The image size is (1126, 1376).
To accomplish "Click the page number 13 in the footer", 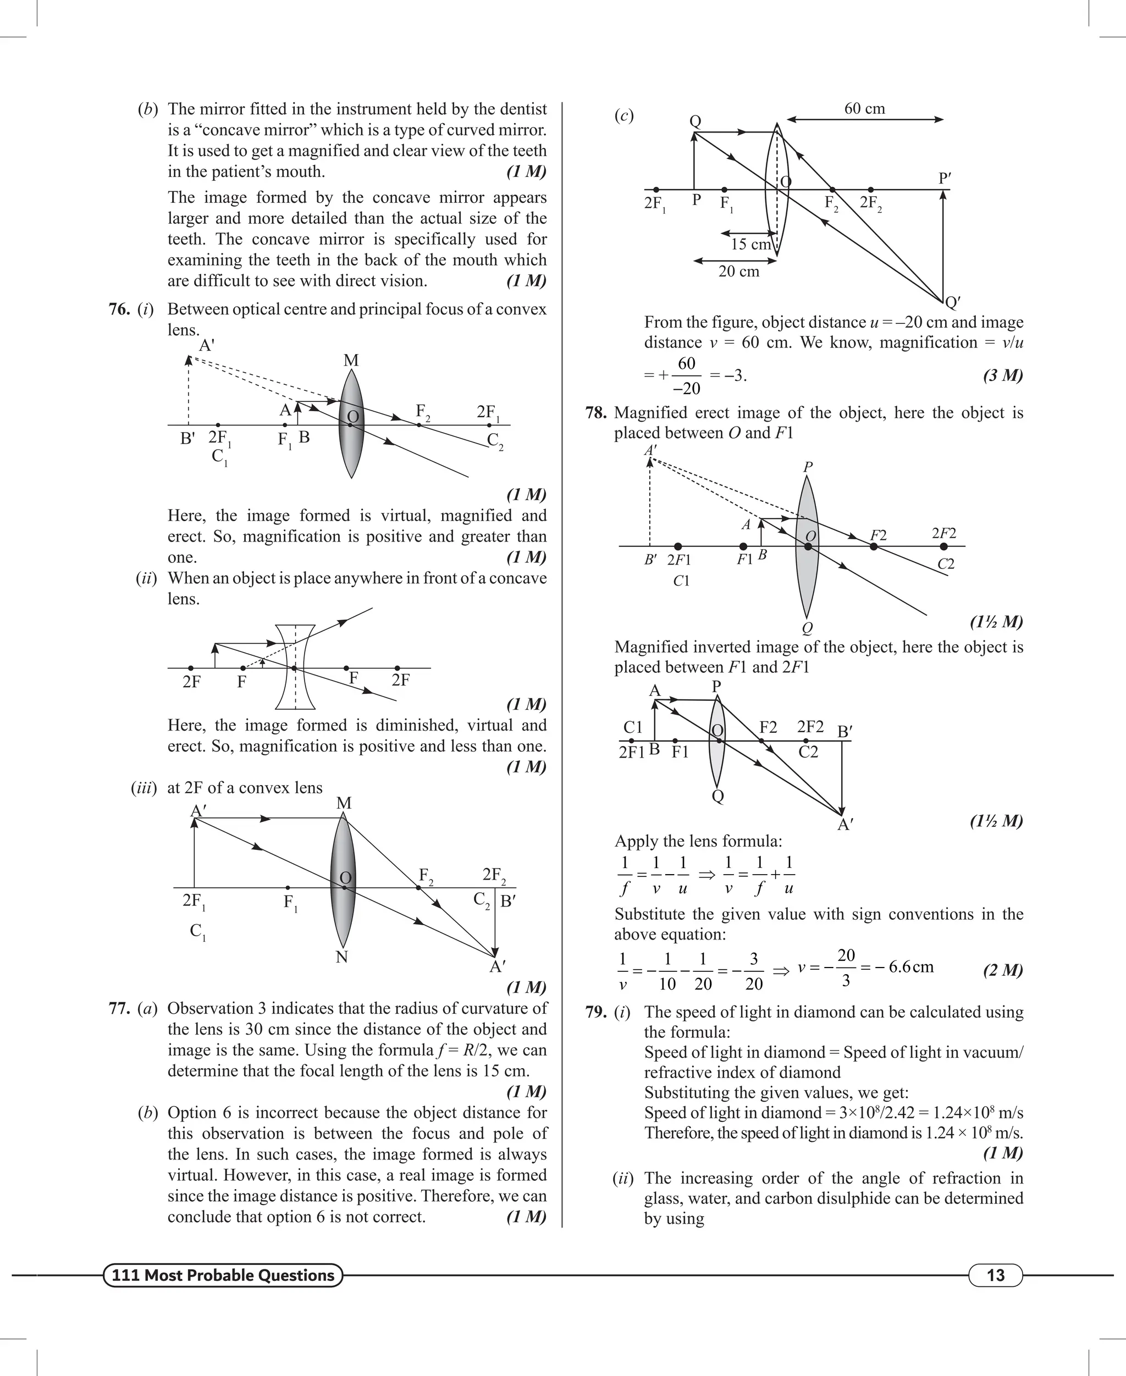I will click(995, 1275).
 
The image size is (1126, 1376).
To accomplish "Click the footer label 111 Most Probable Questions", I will click(223, 1275).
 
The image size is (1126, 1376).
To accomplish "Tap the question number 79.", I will click(595, 1012).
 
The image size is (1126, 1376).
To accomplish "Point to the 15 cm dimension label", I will click(750, 245).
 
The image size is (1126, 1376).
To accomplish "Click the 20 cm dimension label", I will click(738, 272).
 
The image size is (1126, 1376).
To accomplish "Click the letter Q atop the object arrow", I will click(694, 121).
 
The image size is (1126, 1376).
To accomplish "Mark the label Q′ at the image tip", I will click(952, 302).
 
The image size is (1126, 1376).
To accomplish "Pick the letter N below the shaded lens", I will click(342, 957).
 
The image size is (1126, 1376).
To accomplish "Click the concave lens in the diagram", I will click(295, 667).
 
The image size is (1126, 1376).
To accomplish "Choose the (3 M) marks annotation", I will click(1003, 375).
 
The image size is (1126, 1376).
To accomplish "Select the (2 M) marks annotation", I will click(1003, 970).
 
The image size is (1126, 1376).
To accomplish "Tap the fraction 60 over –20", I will click(686, 375).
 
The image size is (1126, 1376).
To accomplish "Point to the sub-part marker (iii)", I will click(144, 788).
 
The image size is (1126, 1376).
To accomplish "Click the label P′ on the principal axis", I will click(945, 178).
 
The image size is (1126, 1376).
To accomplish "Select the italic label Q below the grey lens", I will click(807, 628).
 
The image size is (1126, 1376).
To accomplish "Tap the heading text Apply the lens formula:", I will click(698, 841).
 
